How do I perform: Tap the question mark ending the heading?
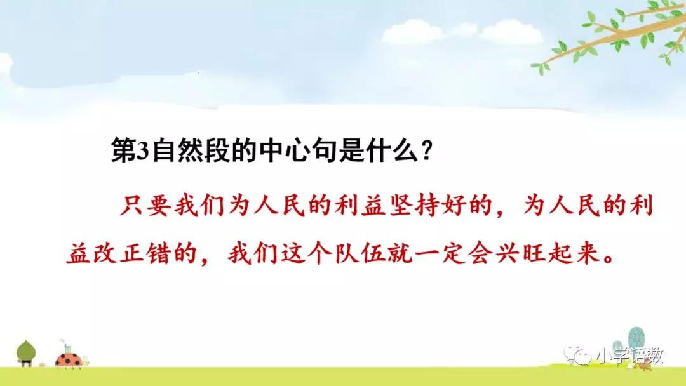[427, 151]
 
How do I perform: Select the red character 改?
[105, 252]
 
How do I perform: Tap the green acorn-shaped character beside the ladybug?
[26, 352]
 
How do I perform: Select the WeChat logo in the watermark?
[577, 356]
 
